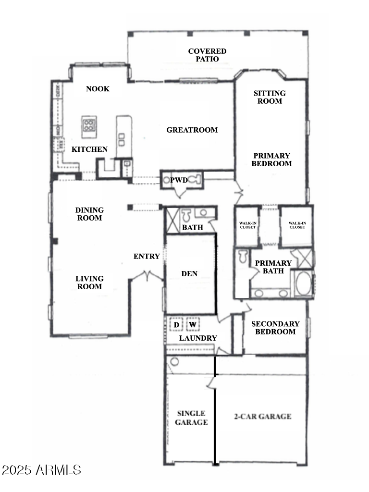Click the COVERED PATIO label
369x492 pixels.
point(207,55)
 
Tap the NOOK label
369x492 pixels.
point(98,89)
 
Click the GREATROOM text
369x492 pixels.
point(192,130)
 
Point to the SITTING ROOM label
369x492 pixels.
point(270,97)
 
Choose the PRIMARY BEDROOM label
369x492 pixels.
point(272,160)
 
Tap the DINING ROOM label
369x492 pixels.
point(89,214)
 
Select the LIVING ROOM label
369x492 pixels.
point(89,283)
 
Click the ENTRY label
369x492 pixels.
point(147,257)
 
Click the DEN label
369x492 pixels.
point(189,274)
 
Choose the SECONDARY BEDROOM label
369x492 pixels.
point(275,328)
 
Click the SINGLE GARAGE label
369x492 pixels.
point(191,418)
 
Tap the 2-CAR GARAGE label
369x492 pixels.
point(262,417)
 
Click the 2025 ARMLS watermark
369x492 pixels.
point(41,469)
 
